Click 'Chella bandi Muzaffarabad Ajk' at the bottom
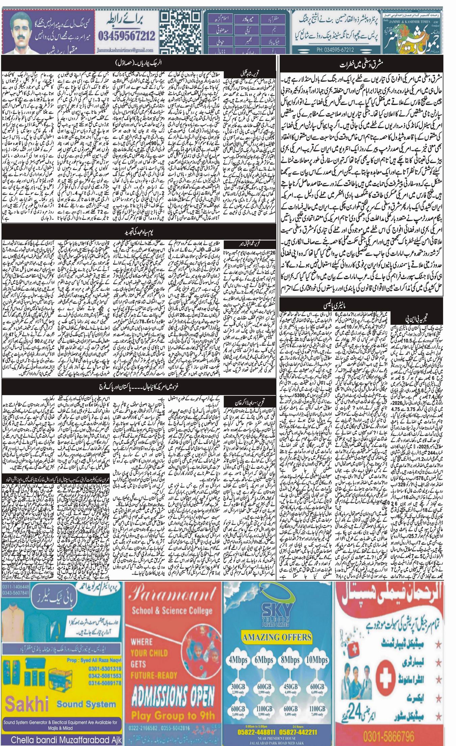point(61,739)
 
